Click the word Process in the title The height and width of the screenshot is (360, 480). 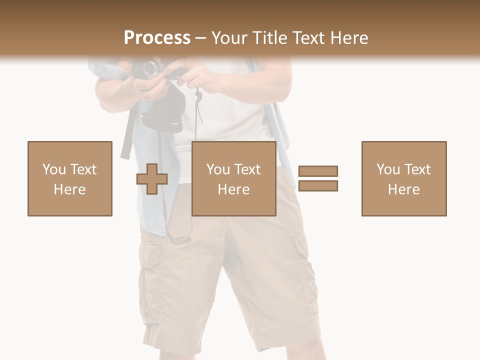(157, 38)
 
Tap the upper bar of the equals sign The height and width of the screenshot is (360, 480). (318, 171)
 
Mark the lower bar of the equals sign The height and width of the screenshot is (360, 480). (318, 186)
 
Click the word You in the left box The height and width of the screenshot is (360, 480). (53, 169)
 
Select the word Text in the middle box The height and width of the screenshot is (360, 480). (247, 169)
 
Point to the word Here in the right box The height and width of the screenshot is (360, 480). (403, 189)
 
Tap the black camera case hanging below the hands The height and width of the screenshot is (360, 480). (162, 112)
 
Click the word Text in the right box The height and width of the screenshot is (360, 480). (417, 169)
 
